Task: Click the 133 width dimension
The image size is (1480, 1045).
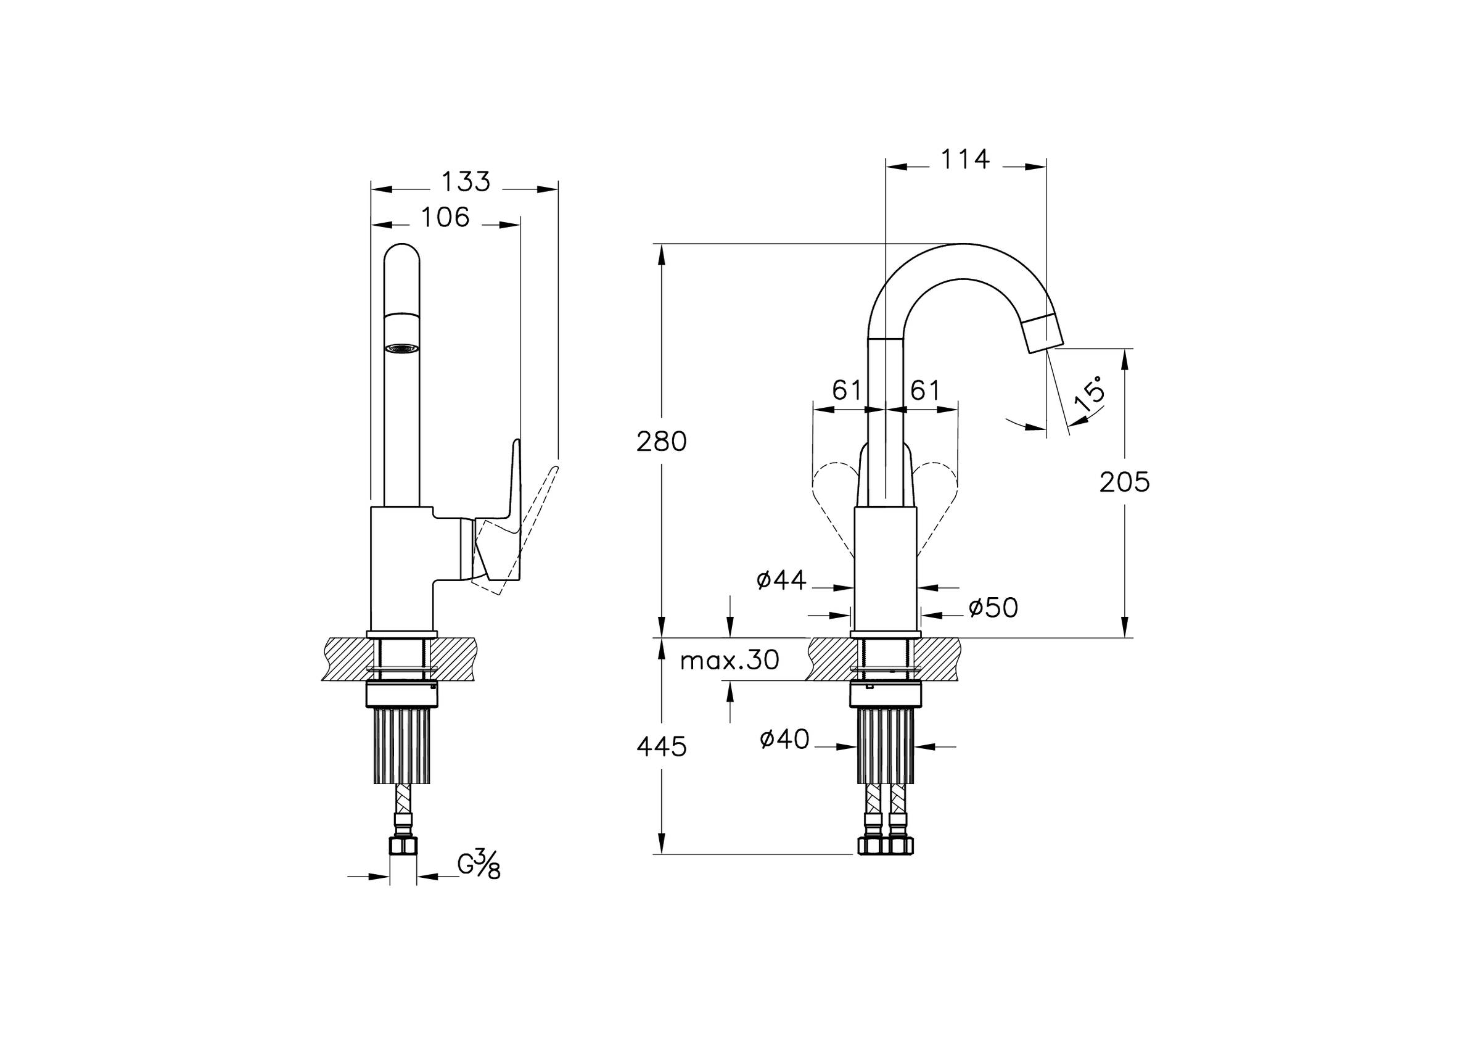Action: coord(466,183)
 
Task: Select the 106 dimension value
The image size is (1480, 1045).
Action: coord(445,218)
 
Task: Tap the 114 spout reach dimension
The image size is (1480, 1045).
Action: coord(965,159)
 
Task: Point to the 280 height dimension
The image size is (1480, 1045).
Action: coord(661,442)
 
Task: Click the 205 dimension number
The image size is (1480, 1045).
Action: coord(1124,482)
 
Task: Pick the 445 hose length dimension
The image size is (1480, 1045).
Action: coord(661,747)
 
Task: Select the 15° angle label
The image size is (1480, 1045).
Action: coord(1090,396)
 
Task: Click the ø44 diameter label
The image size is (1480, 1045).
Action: coord(781,580)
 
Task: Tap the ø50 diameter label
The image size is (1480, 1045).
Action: coord(993,607)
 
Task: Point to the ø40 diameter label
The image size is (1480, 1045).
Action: coord(784,739)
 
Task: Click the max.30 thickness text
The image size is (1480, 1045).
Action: coord(730,660)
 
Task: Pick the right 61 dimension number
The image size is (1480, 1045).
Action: coord(925,390)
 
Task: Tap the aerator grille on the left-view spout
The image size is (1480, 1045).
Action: coord(401,348)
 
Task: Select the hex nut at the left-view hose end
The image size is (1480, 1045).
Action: coord(403,845)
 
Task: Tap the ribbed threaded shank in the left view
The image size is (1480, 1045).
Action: coord(401,745)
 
